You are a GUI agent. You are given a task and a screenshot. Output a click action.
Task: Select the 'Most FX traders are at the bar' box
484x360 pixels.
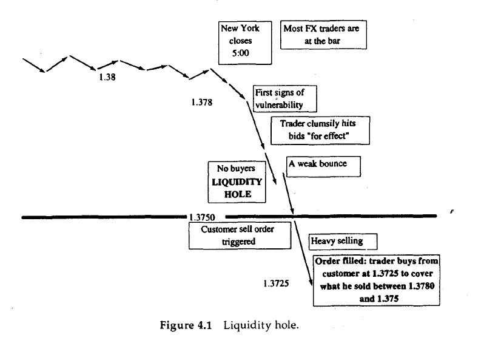click(x=324, y=35)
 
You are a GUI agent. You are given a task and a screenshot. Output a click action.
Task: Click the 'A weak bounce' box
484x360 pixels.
click(x=324, y=166)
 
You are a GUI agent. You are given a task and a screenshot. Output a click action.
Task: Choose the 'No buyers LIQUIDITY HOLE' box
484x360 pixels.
click(x=228, y=181)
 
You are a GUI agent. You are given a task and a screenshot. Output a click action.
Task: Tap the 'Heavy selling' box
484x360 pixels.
click(x=337, y=241)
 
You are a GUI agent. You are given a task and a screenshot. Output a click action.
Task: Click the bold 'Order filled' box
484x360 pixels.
click(x=377, y=279)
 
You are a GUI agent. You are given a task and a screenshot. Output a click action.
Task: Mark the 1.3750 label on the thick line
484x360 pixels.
click(x=206, y=217)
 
